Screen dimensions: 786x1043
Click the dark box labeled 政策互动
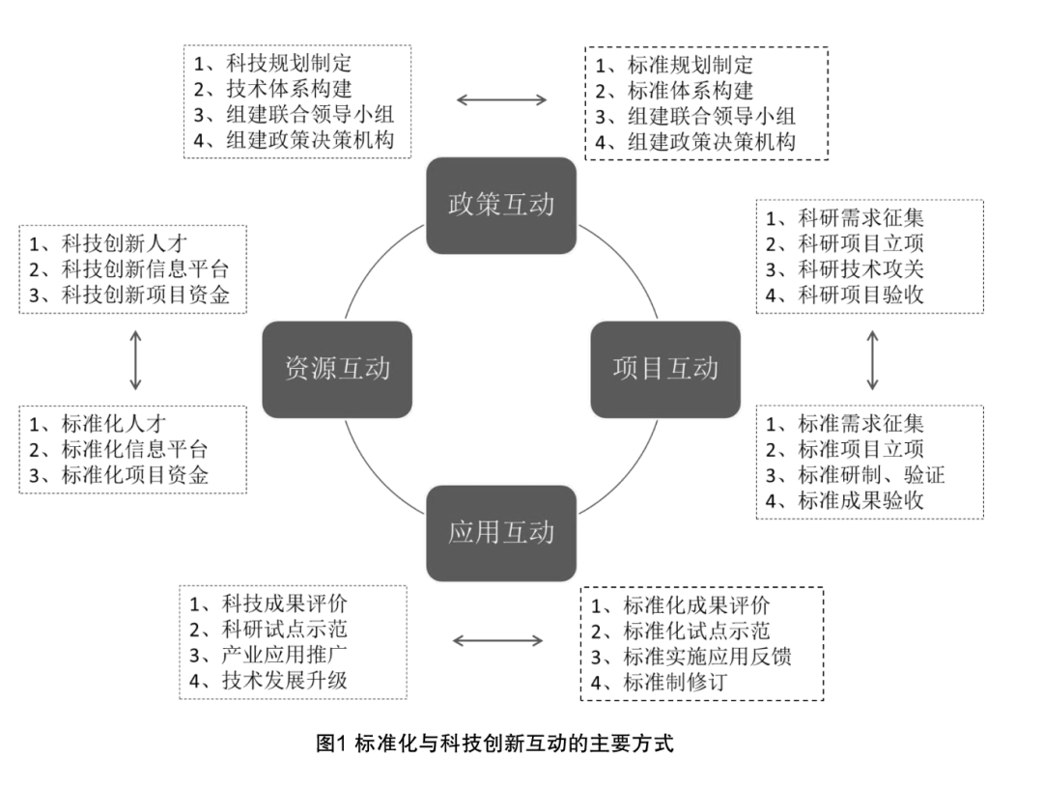click(x=501, y=206)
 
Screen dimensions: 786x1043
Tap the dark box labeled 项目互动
click(x=665, y=369)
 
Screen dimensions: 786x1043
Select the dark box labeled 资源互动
click(x=337, y=369)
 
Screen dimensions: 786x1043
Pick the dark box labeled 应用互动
click(x=501, y=533)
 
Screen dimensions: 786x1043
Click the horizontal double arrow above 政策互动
click(x=501, y=98)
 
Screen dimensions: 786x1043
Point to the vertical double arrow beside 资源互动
click(x=134, y=359)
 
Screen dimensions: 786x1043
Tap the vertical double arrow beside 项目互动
click(x=872, y=359)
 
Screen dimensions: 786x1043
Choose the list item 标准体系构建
click(x=690, y=92)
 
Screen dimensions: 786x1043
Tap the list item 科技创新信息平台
click(x=146, y=269)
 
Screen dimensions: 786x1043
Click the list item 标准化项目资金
click(x=134, y=475)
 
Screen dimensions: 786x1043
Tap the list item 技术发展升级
click(x=284, y=680)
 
